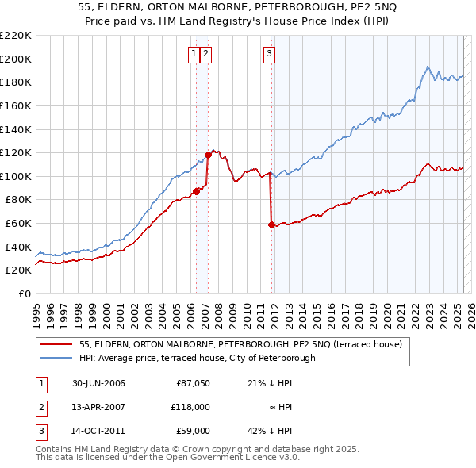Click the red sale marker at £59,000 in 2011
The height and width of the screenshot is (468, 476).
(271, 224)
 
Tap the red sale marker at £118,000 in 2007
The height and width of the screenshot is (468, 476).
(208, 155)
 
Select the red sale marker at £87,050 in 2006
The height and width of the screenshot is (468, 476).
(196, 191)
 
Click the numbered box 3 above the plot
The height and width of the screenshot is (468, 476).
(269, 54)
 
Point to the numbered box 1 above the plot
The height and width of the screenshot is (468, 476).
(194, 54)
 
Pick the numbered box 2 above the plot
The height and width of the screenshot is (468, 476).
(205, 54)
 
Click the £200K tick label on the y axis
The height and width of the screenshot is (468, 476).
(16, 59)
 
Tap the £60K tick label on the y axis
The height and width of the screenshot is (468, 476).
(18, 224)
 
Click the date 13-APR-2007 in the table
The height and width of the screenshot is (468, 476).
(98, 407)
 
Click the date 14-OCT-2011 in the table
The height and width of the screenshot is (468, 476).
(98, 431)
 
